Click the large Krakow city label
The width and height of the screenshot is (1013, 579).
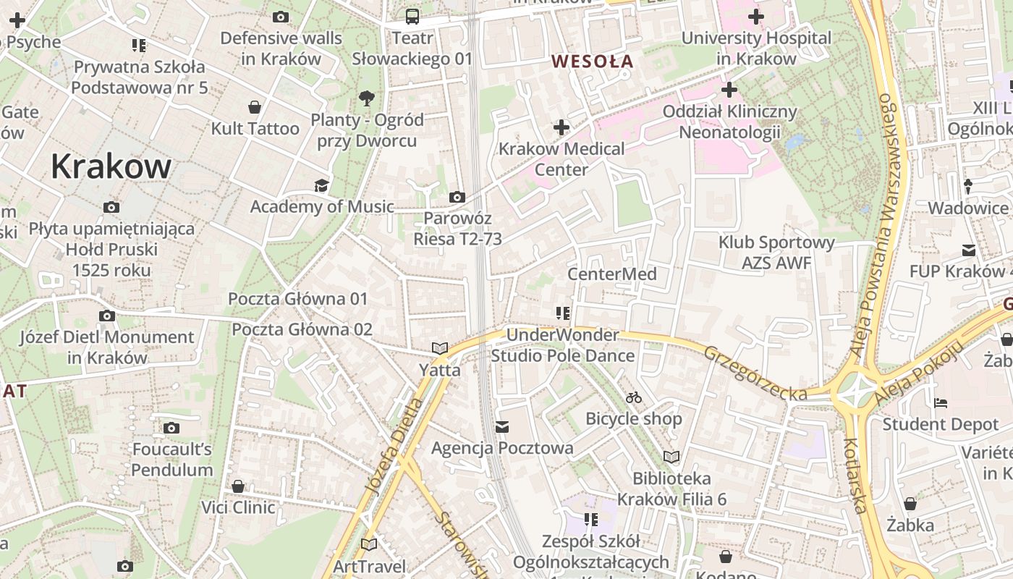[111, 167]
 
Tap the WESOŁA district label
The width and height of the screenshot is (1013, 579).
[592, 62]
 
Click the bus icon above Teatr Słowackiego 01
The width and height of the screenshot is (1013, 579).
[412, 17]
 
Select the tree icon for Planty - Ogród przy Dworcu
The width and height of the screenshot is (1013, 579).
[367, 98]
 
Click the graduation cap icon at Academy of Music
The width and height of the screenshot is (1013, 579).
[321, 186]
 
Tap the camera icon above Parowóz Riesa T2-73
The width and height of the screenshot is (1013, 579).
[457, 197]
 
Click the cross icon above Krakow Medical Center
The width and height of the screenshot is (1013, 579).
[561, 128]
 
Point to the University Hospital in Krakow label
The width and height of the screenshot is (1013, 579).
[756, 48]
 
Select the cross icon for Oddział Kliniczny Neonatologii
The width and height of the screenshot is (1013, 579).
[729, 90]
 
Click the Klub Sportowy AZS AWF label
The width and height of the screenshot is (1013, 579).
[776, 253]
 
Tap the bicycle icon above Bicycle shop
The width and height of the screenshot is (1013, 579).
[634, 397]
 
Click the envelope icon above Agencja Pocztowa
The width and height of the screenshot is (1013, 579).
[502, 427]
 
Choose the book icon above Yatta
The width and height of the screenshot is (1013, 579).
[440, 348]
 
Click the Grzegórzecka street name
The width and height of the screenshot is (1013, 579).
[755, 373]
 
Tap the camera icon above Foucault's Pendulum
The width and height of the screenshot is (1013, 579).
[171, 428]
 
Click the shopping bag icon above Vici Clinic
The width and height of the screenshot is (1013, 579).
[238, 486]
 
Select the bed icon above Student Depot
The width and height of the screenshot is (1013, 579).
[941, 402]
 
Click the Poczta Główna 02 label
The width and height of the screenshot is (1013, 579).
[302, 330]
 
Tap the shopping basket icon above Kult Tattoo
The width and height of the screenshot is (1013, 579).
[255, 108]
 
